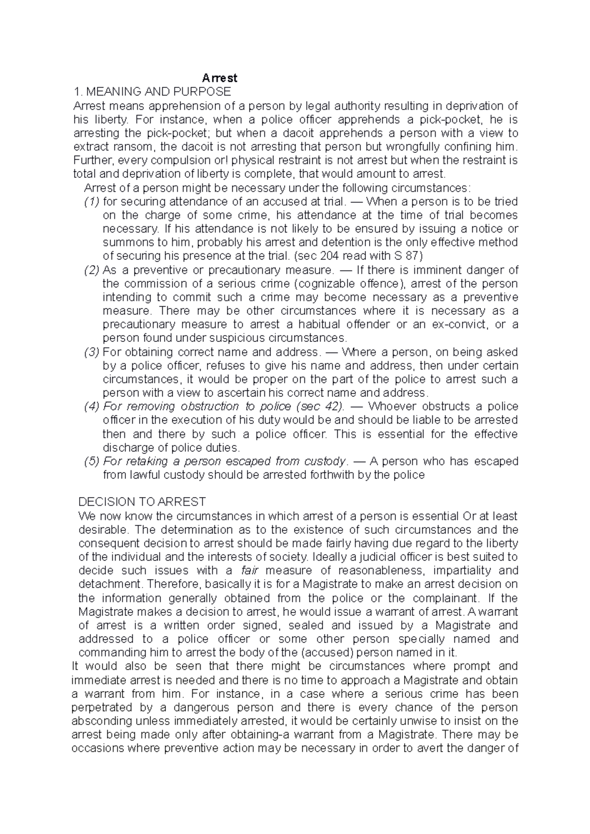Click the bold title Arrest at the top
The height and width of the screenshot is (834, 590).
(x=220, y=78)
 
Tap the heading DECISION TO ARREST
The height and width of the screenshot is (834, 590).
(x=142, y=502)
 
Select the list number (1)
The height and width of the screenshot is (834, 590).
(x=91, y=202)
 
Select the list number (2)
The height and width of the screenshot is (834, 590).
(x=91, y=270)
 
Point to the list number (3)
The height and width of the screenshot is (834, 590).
(x=91, y=352)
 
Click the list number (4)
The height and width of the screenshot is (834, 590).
(x=91, y=407)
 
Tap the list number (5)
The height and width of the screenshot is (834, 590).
(x=91, y=462)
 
